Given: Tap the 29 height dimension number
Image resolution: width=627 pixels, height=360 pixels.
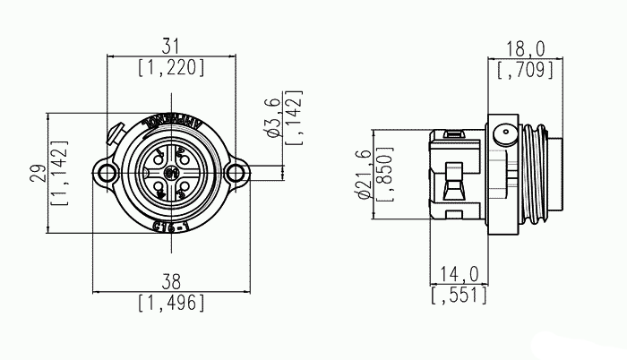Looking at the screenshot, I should point(37,174).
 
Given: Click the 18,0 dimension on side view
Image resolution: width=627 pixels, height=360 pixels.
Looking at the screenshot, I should point(520,49).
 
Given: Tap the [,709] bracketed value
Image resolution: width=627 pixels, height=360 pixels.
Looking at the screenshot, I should point(520,69).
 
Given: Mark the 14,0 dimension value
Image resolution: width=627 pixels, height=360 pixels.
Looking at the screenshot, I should point(459,275).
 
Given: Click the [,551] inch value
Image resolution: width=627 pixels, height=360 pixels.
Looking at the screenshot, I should point(459,295).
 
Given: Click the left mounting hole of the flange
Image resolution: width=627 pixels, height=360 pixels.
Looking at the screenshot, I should point(107,173).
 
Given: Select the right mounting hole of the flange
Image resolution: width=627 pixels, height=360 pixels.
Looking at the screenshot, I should point(236,173).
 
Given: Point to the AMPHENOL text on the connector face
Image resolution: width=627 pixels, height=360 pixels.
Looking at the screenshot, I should point(172,120).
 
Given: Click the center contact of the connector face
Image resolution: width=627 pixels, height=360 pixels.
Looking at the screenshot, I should point(172,173).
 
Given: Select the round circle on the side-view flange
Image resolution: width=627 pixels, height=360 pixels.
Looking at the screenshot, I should point(505,138).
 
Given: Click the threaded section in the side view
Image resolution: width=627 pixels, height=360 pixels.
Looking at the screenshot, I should point(536,174).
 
